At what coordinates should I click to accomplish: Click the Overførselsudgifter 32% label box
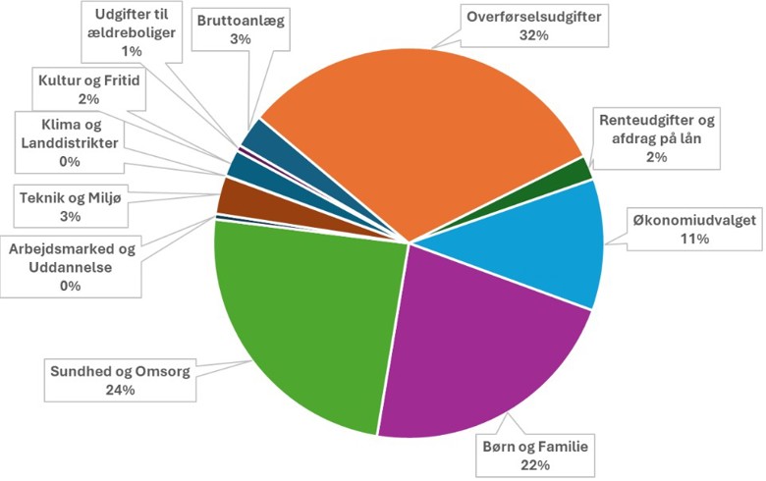(x=521, y=27)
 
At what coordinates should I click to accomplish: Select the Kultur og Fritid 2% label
(x=90, y=88)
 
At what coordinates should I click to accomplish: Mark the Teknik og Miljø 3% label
(x=69, y=204)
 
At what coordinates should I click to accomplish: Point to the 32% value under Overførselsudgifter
(x=521, y=35)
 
